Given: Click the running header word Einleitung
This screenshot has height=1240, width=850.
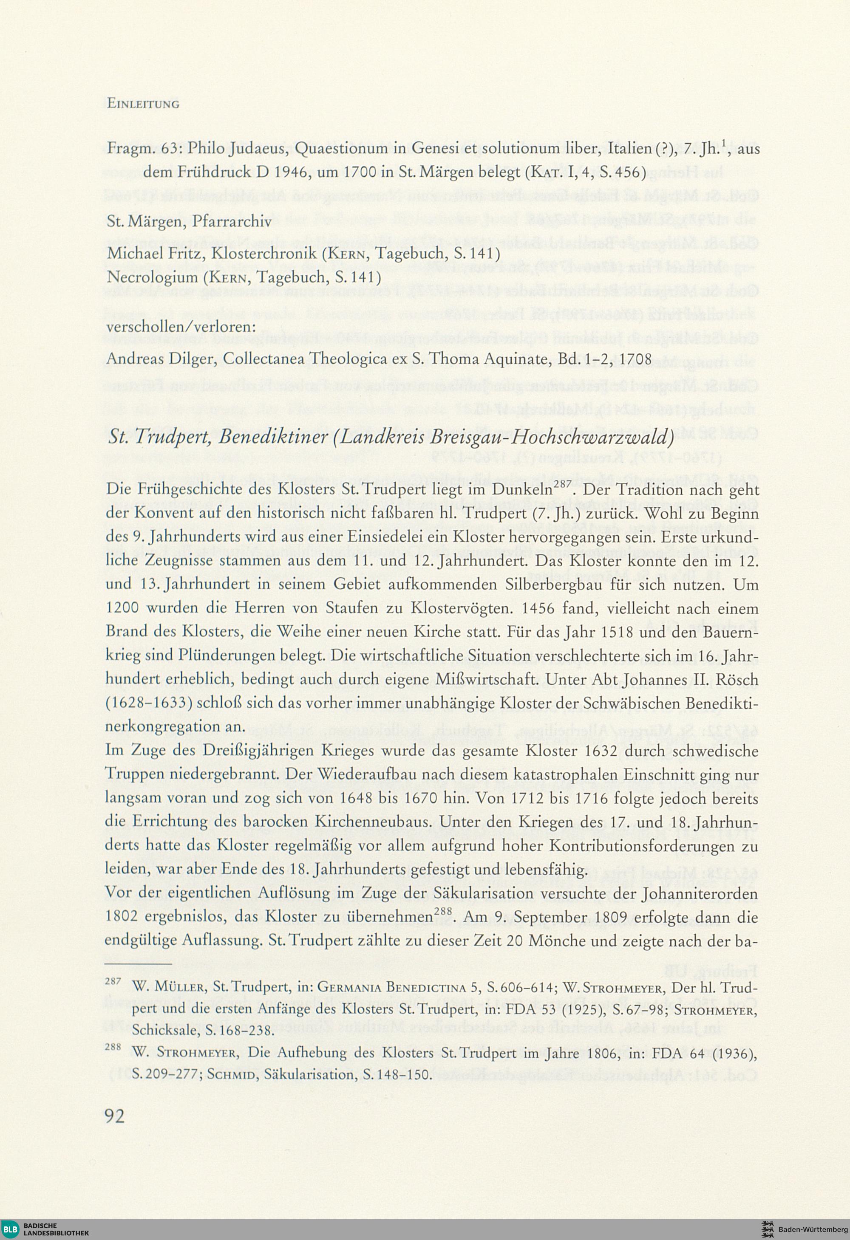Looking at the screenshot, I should click(143, 104).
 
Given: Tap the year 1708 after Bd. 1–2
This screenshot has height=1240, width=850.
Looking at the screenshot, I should click(633, 359).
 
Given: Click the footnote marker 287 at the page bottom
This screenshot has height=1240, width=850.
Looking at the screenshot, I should click(113, 981).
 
